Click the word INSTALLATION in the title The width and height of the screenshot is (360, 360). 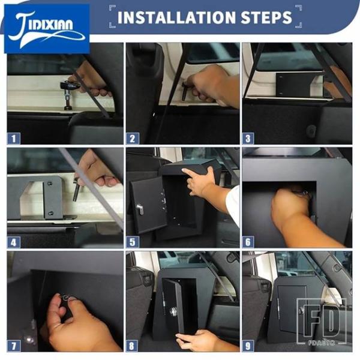(176, 17)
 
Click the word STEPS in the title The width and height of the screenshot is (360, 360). (266, 17)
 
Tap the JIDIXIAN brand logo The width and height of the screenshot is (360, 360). (47, 29)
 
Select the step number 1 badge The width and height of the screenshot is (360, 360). (14, 139)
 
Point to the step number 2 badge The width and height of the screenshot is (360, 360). (132, 139)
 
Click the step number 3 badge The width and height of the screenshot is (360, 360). (248, 139)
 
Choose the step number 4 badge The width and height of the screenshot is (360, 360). (14, 242)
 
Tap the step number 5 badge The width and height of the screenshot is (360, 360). (132, 242)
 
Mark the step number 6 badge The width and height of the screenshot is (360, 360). (248, 242)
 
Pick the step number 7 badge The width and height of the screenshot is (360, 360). (14, 346)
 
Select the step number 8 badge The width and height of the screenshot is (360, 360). (132, 346)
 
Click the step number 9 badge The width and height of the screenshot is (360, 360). (248, 346)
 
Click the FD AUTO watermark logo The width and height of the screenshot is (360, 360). (322, 322)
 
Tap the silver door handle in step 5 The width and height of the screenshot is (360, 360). (140, 209)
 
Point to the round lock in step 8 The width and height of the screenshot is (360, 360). (173, 312)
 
